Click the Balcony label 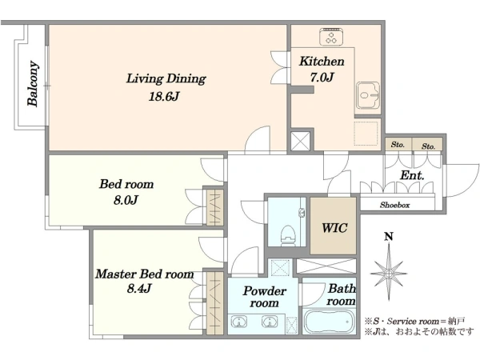(33, 84)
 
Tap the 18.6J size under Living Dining (164, 97)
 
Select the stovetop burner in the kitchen (331, 37)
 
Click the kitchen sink (368, 95)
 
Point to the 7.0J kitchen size (322, 78)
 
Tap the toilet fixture (288, 235)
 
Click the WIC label (334, 228)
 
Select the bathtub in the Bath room (329, 322)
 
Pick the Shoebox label (394, 205)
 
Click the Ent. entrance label (412, 175)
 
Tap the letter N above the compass (389, 236)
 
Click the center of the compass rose (389, 273)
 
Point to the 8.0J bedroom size (126, 201)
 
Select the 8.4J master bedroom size (139, 288)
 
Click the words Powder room (264, 297)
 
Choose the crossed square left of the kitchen (300, 141)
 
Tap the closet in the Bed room (215, 207)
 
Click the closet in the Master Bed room (215, 303)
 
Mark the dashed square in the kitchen (366, 134)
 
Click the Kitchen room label (322, 62)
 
